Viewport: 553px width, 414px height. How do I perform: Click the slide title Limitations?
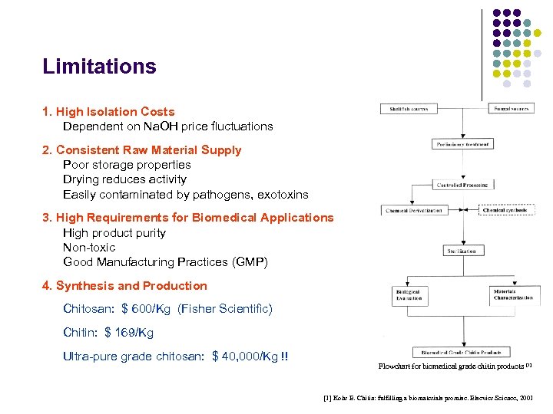tap(99, 67)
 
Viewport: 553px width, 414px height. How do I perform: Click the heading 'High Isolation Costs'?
tap(115, 112)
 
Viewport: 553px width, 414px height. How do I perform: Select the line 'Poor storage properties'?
tap(127, 165)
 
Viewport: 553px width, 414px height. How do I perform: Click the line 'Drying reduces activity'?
tap(124, 179)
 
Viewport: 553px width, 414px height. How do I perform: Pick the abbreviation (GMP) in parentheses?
tap(250, 262)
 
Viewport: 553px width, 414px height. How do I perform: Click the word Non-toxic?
tap(89, 248)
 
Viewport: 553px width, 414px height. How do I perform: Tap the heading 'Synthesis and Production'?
tap(131, 286)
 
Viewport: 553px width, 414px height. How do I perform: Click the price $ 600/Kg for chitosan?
tap(146, 309)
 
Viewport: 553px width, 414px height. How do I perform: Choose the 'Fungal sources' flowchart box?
tap(510, 109)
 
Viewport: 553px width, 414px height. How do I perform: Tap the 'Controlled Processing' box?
tap(462, 185)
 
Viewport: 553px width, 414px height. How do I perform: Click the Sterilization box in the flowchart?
tap(462, 251)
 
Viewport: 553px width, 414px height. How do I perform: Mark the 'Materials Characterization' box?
tap(512, 294)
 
